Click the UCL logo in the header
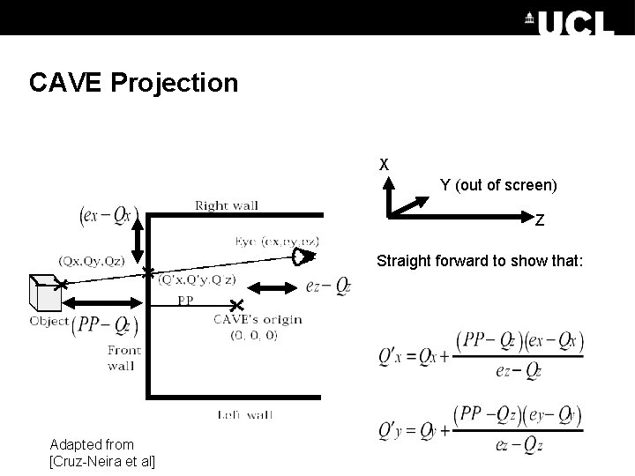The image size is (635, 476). (572, 19)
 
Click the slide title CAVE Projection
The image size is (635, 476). (133, 83)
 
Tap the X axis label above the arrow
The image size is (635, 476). (384, 164)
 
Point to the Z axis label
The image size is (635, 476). (539, 220)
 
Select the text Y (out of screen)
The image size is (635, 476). (498, 185)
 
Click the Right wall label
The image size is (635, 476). (227, 205)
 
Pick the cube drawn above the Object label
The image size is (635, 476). (45, 290)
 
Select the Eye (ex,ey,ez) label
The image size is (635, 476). (276, 241)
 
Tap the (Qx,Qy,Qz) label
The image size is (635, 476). (91, 261)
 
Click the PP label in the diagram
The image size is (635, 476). (185, 300)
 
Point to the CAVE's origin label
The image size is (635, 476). (258, 326)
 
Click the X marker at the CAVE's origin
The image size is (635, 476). (236, 306)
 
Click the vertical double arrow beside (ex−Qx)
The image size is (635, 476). (137, 234)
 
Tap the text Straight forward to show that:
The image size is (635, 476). (480, 261)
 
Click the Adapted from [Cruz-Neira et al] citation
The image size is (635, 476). (98, 452)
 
